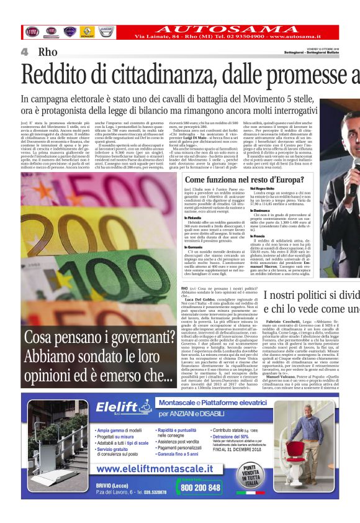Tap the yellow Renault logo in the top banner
[x=88, y=32]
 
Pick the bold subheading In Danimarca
[x=261, y=209]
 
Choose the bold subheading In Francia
[x=258, y=235]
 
